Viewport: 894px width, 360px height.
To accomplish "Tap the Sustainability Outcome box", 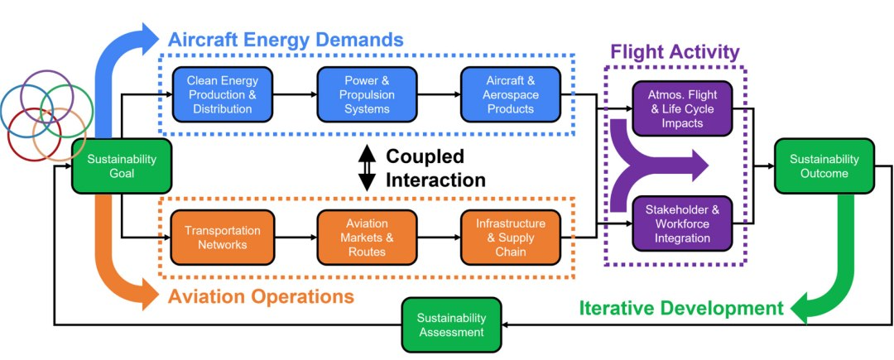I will click(x=823, y=166).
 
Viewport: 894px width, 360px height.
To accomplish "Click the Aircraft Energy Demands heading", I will click(x=286, y=39).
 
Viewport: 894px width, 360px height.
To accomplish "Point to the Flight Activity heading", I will click(x=675, y=52).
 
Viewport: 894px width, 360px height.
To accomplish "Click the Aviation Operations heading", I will click(x=262, y=295).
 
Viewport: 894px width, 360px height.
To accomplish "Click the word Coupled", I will click(x=425, y=156).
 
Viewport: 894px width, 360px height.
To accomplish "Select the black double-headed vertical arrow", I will click(x=366, y=166).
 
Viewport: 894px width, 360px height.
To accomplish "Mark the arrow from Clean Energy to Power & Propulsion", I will click(x=291, y=94).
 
